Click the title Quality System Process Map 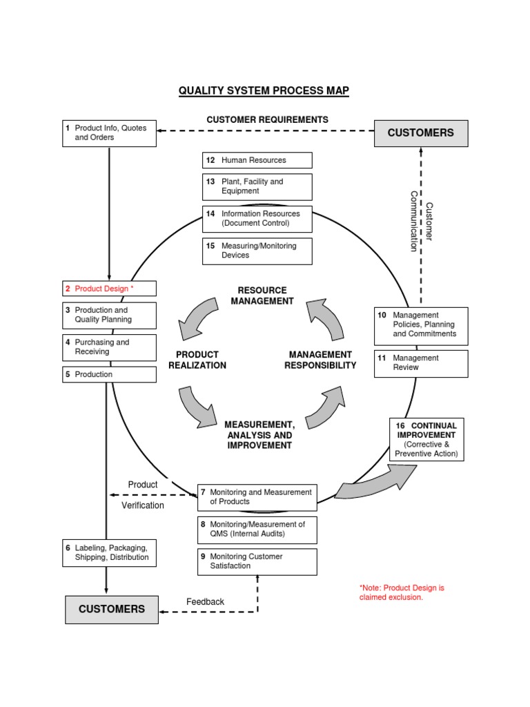pos(264,91)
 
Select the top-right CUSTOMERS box pos(421,133)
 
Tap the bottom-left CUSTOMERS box pos(112,609)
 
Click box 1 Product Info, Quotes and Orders pos(109,133)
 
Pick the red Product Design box pos(109,289)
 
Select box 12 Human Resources pos(257,160)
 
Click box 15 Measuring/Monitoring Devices pos(257,251)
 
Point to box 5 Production pos(109,374)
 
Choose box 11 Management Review pos(421,363)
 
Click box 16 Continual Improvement pos(426,440)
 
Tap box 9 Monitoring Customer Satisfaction pos(257,561)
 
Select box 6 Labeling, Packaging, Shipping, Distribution pos(109,553)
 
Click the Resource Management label pos(262,296)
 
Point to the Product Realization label pos(197,360)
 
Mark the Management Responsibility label pos(320,360)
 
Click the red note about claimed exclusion pos(402,592)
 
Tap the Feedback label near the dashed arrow pos(205,602)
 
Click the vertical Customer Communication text pos(421,221)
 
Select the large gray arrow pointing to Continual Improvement pos(376,482)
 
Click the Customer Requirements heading pos(267,120)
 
